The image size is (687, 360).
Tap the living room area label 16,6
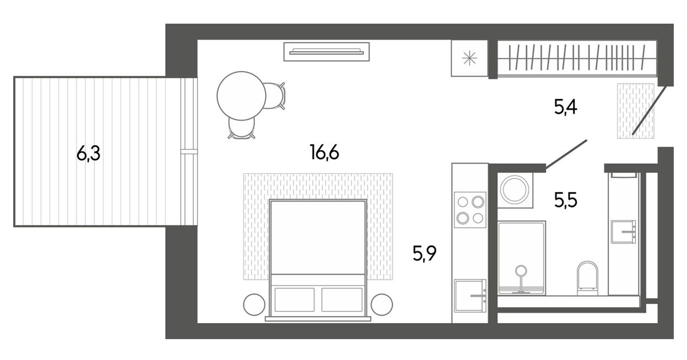coord(324,153)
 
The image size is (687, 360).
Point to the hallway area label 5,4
coord(566,107)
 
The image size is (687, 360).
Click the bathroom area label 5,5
coord(566,200)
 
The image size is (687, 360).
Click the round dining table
coord(241,96)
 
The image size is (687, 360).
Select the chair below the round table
coord(241,129)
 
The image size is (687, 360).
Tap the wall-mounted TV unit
coord(326,52)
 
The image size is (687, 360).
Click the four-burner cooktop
coord(470,210)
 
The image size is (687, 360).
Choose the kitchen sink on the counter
coord(469,296)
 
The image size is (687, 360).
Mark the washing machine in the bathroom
coord(515,190)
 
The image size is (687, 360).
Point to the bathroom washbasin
coord(623,232)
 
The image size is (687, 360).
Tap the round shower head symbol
coord(521,271)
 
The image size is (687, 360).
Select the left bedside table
coord(254,304)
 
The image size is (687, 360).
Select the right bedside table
coord(381,304)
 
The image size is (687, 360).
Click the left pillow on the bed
coord(294,299)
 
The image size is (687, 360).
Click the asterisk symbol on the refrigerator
coord(469,59)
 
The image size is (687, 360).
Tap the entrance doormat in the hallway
coord(635,111)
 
